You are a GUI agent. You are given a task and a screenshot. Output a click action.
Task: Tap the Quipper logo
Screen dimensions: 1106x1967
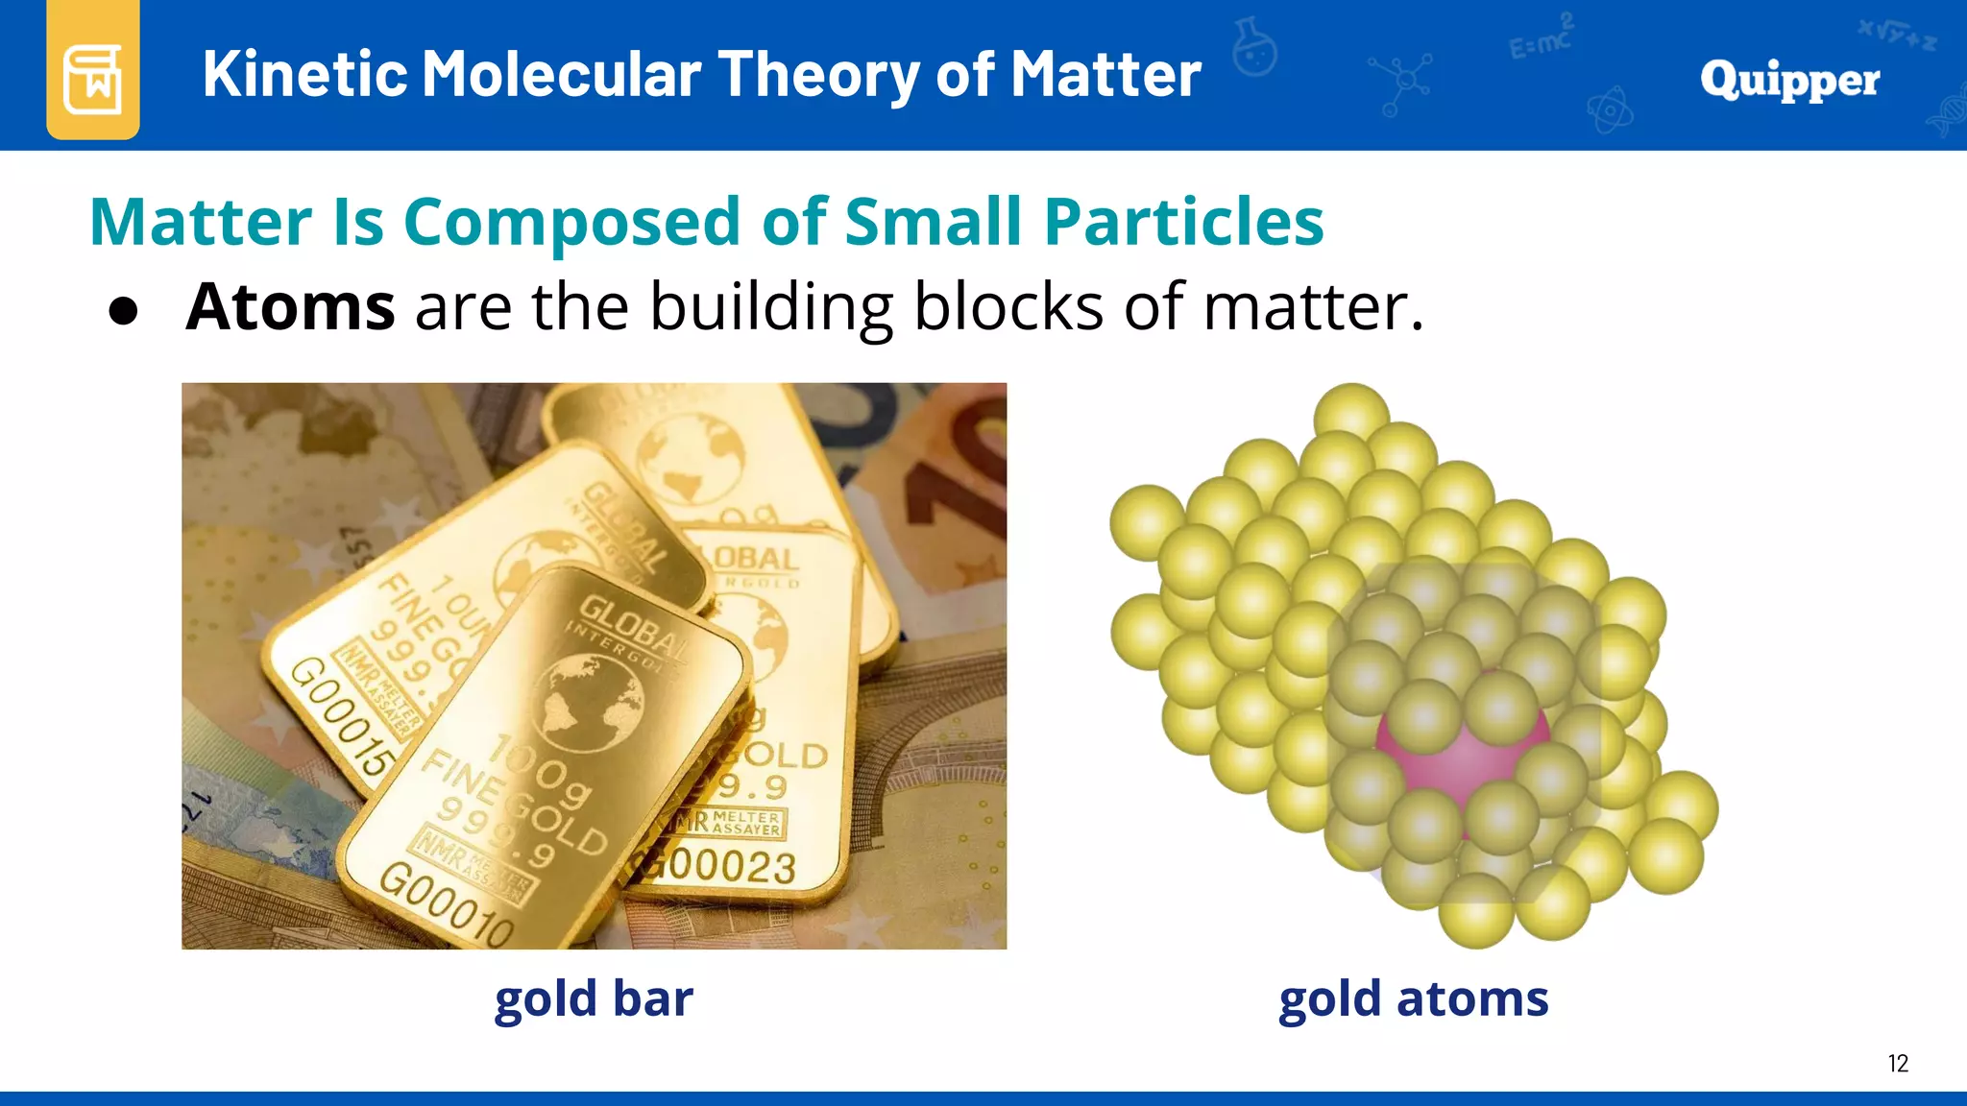tap(1789, 80)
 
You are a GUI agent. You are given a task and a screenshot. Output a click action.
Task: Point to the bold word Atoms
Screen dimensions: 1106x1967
tap(290, 307)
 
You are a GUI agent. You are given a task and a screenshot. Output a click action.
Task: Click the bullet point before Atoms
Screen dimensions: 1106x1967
tap(123, 311)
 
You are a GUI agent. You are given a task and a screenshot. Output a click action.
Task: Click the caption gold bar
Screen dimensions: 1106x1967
tap(594, 999)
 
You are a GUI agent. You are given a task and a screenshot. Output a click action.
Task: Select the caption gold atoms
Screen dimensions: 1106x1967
tap(1413, 999)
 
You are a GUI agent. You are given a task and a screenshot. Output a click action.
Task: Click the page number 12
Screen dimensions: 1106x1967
tap(1897, 1064)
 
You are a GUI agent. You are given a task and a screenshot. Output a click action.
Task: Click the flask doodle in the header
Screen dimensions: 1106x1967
tap(1255, 48)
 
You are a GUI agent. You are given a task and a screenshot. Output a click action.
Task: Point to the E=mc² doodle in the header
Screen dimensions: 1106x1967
tap(1540, 38)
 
